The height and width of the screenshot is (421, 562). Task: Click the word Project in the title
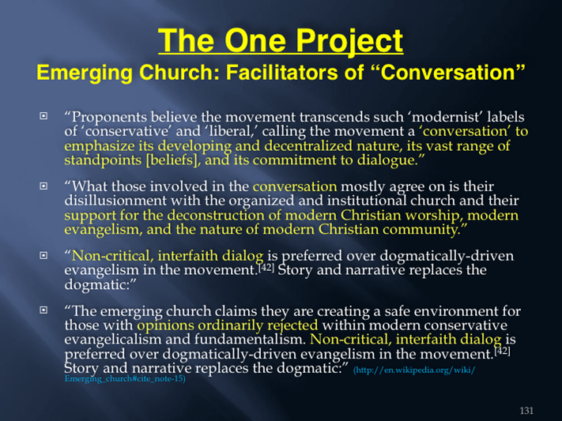pyautogui.click(x=350, y=41)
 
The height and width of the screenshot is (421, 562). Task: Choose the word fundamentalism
pyautogui.click(x=251, y=339)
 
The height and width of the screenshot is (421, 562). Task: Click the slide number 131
pyautogui.click(x=526, y=410)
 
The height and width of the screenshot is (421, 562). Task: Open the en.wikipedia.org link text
pyautogui.click(x=415, y=370)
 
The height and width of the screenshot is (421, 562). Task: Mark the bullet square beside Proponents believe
pyautogui.click(x=43, y=116)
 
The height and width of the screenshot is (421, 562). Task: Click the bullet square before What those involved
pyautogui.click(x=43, y=186)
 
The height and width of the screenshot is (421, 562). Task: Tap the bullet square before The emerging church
pyautogui.click(x=43, y=310)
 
